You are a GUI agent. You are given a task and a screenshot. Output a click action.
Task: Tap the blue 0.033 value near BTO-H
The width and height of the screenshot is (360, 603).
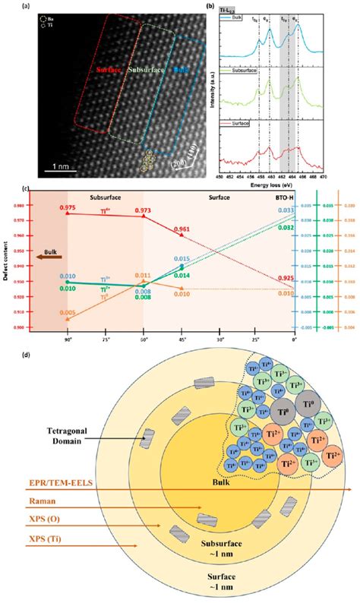(286, 210)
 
